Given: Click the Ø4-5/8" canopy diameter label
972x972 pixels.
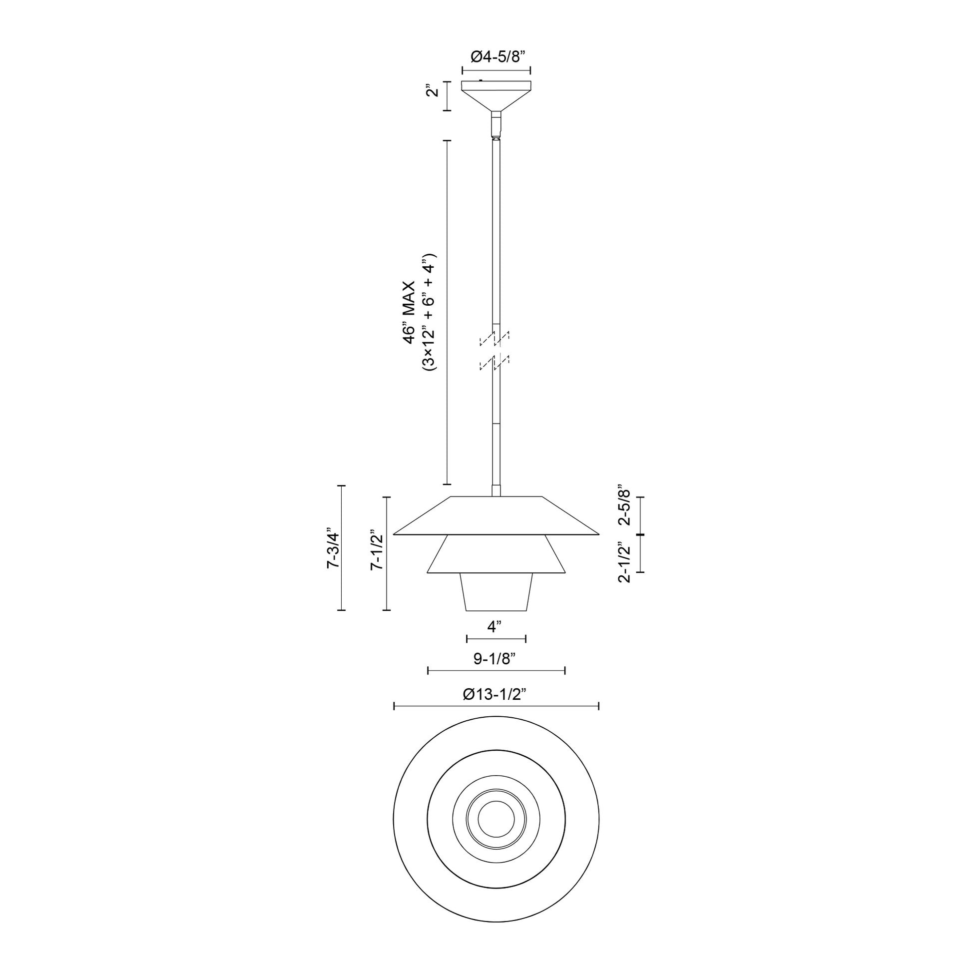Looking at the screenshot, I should click(496, 57).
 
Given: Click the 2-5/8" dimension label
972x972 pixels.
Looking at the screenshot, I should click(624, 505).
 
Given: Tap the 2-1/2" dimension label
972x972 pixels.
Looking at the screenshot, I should click(624, 562).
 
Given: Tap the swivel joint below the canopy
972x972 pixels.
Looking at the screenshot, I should click(496, 125).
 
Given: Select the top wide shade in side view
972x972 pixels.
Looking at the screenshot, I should click(496, 516).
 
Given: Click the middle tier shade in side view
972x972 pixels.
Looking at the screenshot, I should click(496, 554).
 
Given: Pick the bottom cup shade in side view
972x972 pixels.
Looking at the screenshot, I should click(496, 592).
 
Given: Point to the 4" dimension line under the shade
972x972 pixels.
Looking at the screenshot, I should click(496, 639).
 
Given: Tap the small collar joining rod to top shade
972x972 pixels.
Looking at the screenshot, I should click(496, 491).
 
